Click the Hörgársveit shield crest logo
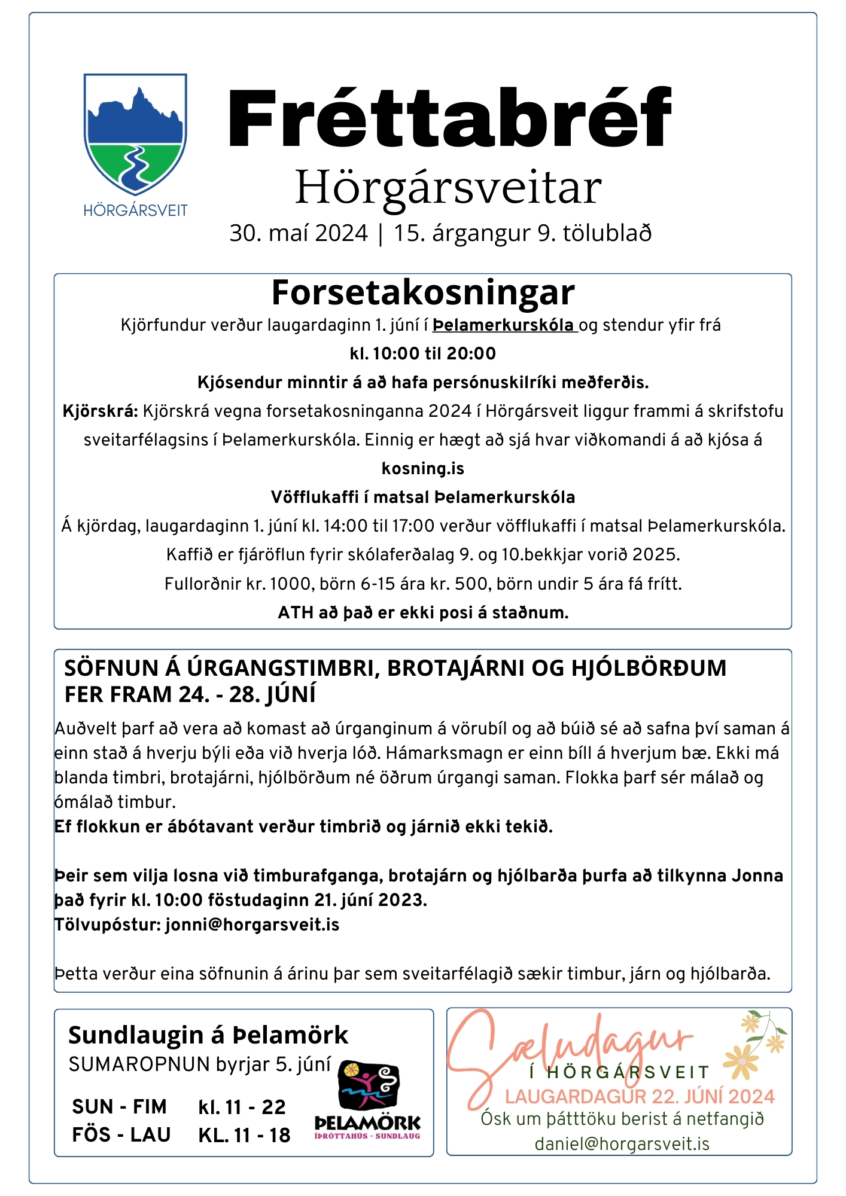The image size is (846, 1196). [135, 134]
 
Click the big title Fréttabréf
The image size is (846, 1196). [449, 118]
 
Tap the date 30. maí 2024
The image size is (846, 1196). [299, 233]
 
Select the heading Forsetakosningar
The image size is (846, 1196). [423, 292]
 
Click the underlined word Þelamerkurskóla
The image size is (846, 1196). [503, 325]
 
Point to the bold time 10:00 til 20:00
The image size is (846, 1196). [434, 353]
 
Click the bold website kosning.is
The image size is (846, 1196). [423, 468]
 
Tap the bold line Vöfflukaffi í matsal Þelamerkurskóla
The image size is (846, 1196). [423, 497]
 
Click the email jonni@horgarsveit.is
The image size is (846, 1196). [252, 925]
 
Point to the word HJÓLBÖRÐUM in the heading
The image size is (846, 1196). [649, 668]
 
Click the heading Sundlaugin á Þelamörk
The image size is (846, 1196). [208, 1035]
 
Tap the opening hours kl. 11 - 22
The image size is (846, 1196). [242, 1107]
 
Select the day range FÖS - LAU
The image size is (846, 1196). [121, 1134]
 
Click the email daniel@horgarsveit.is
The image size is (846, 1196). [622, 1144]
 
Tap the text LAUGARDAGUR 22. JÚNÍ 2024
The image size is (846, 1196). [640, 1097]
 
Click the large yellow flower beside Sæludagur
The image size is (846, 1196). [740, 1061]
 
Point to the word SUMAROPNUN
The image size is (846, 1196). [139, 1064]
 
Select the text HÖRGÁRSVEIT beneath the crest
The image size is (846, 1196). [135, 210]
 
